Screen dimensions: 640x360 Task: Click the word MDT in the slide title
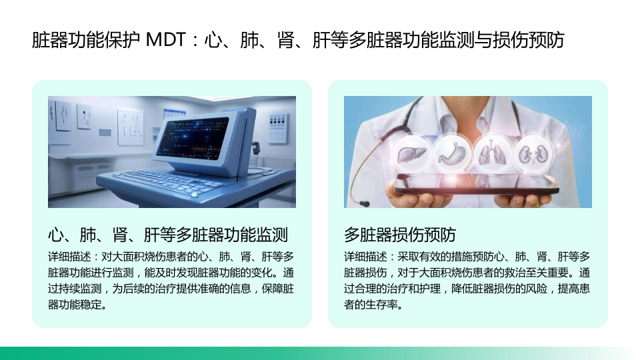(x=166, y=40)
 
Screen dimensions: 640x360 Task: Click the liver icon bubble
(x=411, y=154)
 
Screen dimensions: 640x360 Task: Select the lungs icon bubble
(x=493, y=154)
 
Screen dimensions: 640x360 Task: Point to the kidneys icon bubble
(x=534, y=154)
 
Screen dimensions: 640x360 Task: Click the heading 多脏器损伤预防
(x=399, y=235)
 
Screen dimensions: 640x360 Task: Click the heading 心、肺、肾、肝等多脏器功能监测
(x=168, y=235)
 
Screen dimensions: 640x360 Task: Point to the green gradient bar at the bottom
(x=320, y=353)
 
